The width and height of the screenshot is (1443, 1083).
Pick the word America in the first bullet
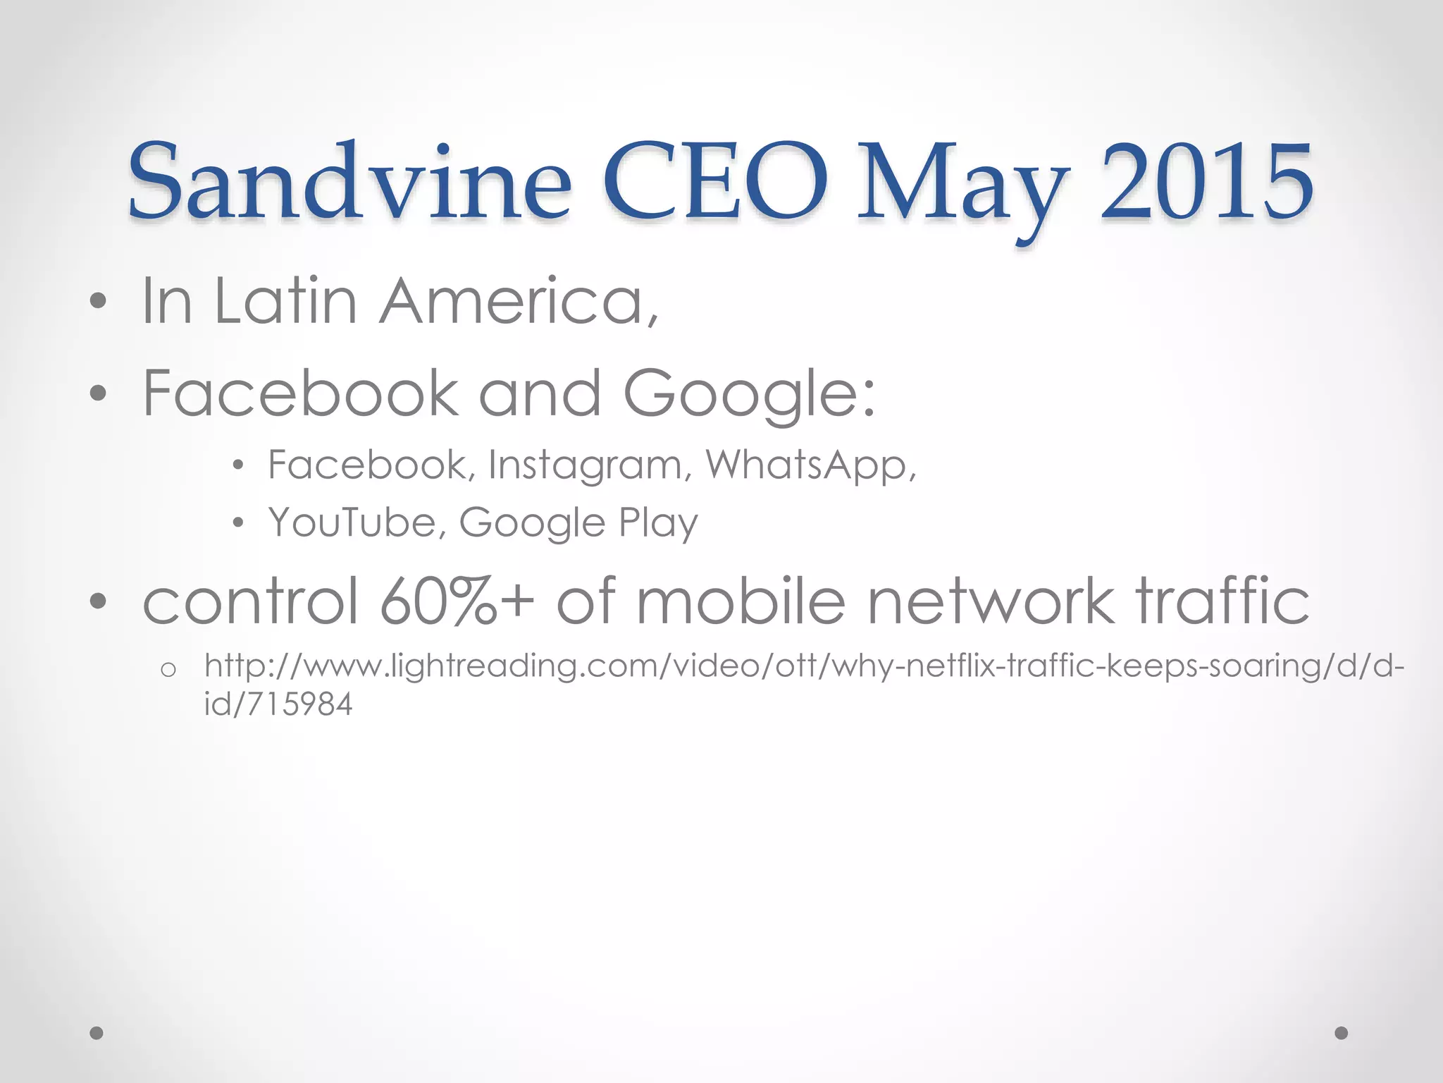pyautogui.click(x=520, y=302)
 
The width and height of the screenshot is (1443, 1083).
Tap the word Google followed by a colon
pyautogui.click(x=748, y=394)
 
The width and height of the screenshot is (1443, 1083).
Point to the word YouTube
pyautogui.click(x=358, y=522)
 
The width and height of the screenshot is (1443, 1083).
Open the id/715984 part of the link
pyautogui.click(x=278, y=704)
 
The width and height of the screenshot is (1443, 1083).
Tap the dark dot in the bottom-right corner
pyautogui.click(x=1342, y=1033)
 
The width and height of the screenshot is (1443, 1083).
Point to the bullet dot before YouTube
pyautogui.click(x=238, y=523)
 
